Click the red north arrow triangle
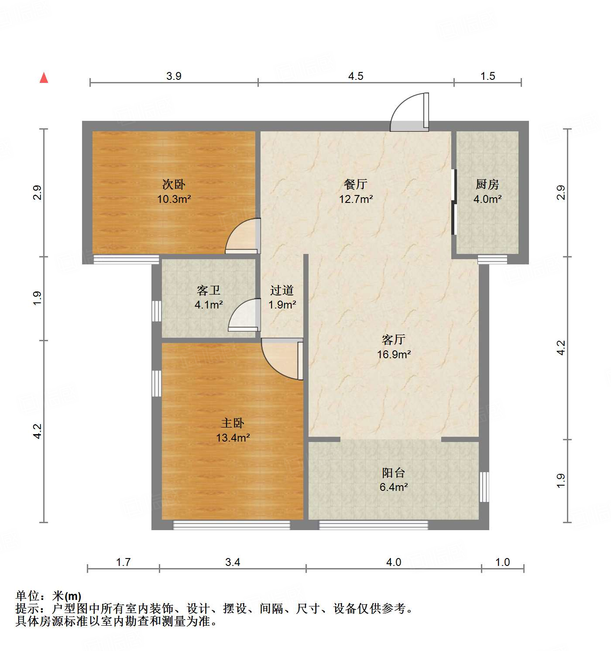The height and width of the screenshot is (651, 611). [x=44, y=78]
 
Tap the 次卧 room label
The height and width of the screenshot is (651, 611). [x=174, y=185]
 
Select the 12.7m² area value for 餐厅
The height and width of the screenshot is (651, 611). [x=356, y=199]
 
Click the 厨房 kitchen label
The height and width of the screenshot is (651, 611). [x=487, y=185]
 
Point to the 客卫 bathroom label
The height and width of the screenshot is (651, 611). [x=208, y=290]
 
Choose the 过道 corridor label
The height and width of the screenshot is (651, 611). [x=281, y=290]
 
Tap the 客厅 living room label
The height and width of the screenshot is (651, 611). [x=394, y=339]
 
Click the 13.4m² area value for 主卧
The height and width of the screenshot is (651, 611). [x=233, y=438]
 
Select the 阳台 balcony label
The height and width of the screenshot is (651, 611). [x=394, y=473]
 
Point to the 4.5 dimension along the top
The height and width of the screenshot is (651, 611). [x=356, y=76]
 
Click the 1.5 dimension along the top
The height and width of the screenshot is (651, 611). [x=487, y=76]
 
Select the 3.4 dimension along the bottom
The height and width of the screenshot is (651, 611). [x=233, y=562]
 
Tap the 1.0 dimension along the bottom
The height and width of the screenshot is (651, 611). [x=502, y=562]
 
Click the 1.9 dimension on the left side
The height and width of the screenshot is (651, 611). [x=38, y=298]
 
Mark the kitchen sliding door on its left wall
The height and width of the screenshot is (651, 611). [x=454, y=202]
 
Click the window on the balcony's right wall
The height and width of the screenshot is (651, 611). [x=484, y=487]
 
